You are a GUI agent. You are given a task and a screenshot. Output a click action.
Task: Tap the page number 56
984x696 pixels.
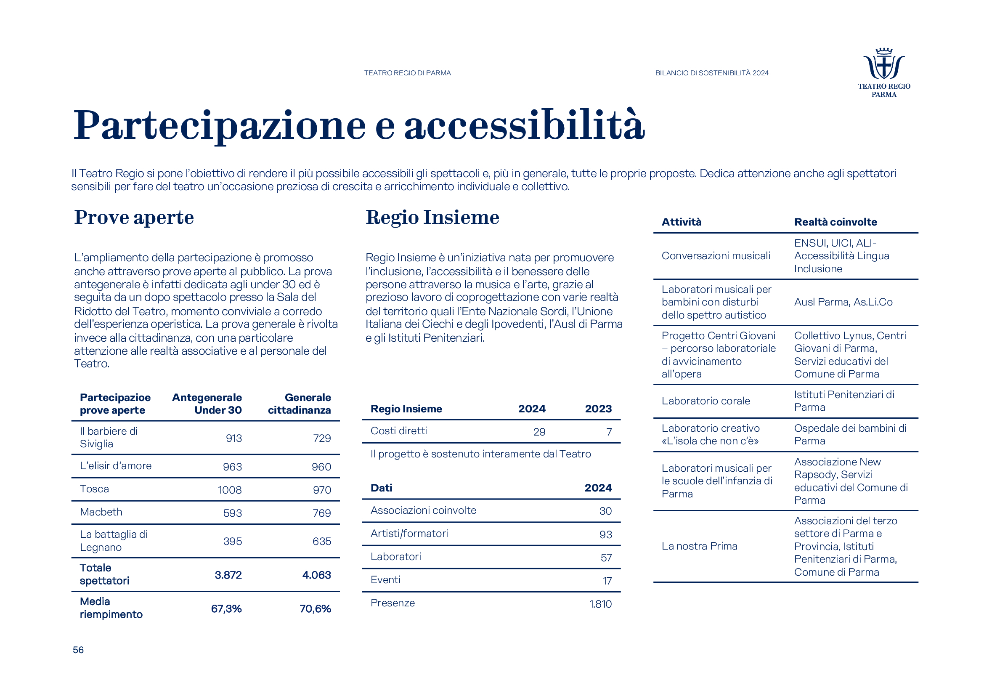click(x=78, y=650)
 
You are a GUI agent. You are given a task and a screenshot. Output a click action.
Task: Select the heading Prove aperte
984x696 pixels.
click(x=134, y=217)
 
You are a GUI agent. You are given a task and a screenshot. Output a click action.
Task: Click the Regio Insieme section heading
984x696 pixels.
click(x=432, y=217)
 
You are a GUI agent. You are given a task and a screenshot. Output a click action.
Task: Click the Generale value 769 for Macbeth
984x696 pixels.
click(x=321, y=513)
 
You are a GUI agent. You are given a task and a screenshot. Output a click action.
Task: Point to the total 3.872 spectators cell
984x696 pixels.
click(x=228, y=575)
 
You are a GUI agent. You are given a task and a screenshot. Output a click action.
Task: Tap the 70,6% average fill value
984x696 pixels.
click(x=315, y=608)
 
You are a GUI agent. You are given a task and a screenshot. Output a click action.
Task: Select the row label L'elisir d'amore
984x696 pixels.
click(x=116, y=466)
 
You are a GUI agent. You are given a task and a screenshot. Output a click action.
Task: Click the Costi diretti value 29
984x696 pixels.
click(x=539, y=432)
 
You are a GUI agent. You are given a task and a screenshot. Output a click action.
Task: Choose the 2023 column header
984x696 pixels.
click(x=598, y=409)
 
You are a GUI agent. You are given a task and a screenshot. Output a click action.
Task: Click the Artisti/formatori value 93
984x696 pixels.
click(x=605, y=534)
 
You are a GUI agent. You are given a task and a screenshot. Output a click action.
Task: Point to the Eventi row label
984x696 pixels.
click(x=385, y=580)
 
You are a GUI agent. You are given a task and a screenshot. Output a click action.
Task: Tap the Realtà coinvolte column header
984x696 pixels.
click(x=835, y=222)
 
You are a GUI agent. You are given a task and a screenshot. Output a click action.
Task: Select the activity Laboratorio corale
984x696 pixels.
click(x=706, y=401)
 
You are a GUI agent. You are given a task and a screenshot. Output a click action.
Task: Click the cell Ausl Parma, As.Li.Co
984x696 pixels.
click(x=843, y=302)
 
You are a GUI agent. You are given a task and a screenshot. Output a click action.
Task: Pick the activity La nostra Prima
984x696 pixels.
click(x=699, y=546)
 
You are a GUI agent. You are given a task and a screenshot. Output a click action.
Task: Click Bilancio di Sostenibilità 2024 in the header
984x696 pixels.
click(x=712, y=73)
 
